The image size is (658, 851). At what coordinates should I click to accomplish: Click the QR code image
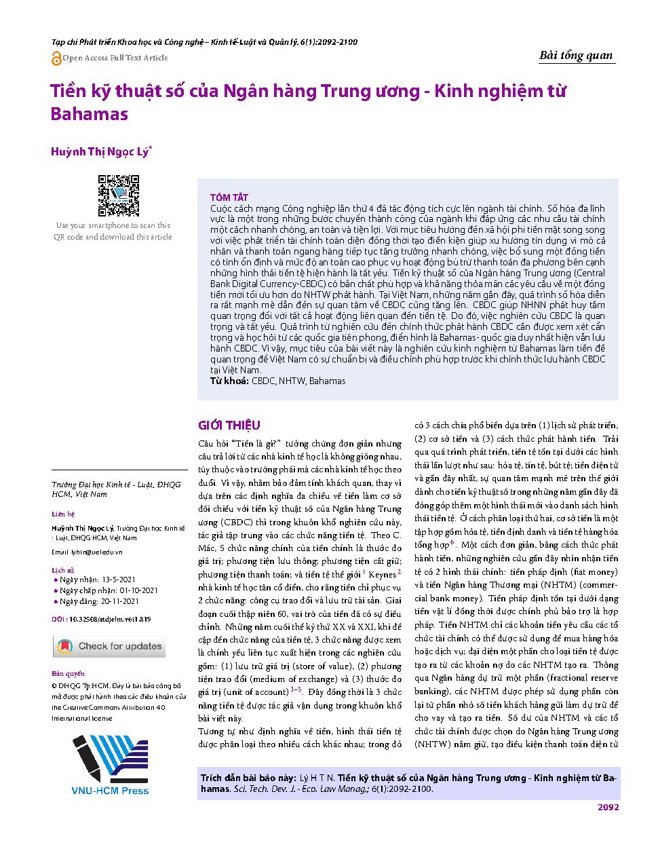119,195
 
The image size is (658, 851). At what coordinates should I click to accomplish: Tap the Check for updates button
109,646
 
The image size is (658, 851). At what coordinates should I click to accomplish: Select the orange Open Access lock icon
56,58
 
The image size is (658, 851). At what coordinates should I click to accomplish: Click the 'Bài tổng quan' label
575,56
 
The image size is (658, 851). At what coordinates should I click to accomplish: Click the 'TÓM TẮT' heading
229,197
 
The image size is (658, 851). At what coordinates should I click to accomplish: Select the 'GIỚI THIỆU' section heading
229,425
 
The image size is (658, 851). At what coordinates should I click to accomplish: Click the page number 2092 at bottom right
608,807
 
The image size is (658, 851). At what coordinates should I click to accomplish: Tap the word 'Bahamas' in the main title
90,114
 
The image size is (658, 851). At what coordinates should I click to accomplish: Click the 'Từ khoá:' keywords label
230,381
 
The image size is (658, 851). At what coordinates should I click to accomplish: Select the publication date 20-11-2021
119,601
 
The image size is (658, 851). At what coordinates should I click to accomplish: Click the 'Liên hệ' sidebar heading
63,514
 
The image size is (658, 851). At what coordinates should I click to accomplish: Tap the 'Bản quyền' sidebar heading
69,674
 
